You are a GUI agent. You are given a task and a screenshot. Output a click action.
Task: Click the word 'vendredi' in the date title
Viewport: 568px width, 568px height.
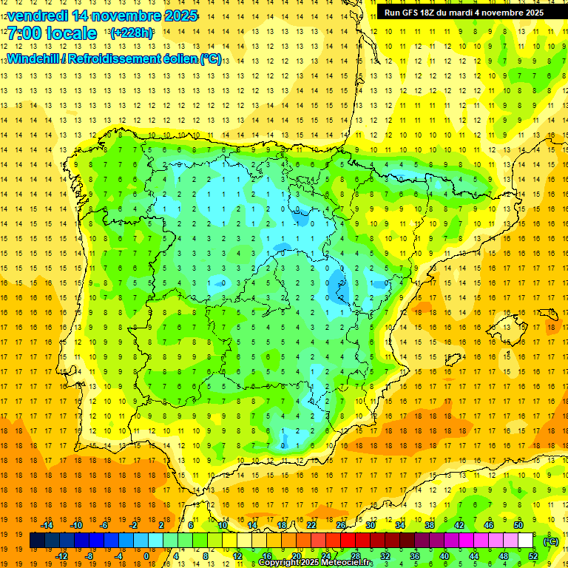[37, 16]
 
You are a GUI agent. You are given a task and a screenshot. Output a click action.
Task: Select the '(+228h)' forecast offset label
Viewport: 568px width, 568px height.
[132, 33]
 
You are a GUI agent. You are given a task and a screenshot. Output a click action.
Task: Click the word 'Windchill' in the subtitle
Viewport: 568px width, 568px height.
[35, 58]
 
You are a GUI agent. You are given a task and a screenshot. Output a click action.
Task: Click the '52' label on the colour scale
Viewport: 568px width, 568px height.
[532, 555]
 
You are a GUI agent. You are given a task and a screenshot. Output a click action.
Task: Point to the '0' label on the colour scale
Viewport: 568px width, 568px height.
[146, 555]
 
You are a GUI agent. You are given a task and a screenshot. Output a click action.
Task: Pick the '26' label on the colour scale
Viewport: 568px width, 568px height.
[341, 525]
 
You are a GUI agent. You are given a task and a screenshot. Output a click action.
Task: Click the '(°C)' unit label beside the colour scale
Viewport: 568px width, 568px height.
[551, 541]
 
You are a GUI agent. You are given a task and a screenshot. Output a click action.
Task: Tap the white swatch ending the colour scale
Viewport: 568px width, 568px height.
[525, 541]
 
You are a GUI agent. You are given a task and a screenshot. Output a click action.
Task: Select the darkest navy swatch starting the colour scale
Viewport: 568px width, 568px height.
[37, 541]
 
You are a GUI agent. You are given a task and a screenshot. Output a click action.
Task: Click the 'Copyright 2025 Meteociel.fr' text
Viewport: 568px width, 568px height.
[316, 563]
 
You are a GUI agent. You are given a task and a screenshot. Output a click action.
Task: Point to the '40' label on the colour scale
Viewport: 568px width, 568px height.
[444, 555]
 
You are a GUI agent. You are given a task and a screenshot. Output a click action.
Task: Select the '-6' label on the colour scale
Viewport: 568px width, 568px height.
[105, 525]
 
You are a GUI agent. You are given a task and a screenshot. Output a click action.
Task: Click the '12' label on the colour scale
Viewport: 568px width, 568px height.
[237, 555]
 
